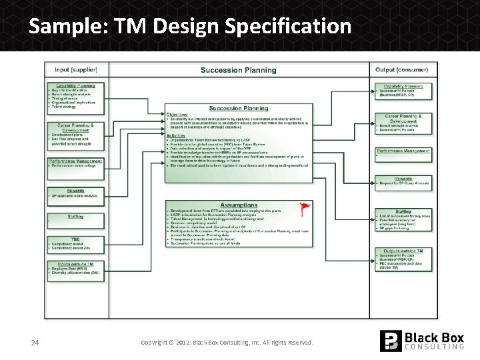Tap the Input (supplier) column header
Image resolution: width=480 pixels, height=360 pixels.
(75, 69)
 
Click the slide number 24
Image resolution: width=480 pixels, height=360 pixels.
(36, 342)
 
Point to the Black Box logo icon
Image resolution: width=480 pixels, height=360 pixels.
(391, 341)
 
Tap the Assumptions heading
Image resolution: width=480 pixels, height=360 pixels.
(239, 205)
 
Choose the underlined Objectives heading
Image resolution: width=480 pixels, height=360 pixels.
(177, 114)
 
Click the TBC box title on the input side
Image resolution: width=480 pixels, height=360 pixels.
(75, 239)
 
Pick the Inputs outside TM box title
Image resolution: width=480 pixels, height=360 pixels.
(75, 263)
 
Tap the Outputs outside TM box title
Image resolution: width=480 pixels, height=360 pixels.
(403, 250)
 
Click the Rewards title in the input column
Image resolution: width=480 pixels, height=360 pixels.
(75, 191)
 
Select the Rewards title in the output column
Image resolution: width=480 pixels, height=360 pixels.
(403, 179)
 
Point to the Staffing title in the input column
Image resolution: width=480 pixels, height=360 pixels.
(75, 216)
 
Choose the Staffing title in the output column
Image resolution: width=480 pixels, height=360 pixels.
(403, 211)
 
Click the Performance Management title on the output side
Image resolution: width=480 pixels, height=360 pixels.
(403, 151)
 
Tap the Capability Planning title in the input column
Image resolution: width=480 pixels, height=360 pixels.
(75, 85)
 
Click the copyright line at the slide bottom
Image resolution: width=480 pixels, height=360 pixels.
(227, 342)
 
